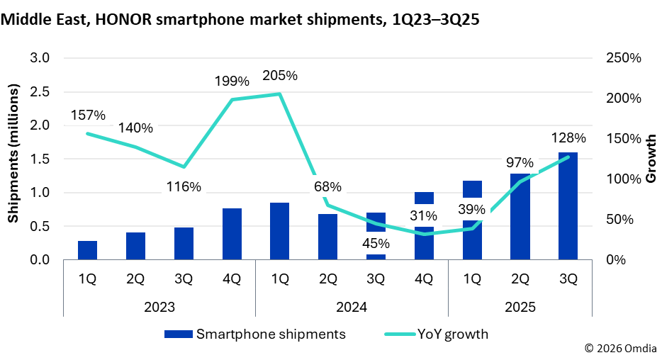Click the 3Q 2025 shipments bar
[568, 206]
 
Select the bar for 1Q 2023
[87, 250]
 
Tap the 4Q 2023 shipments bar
[232, 234]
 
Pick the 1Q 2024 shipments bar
[279, 231]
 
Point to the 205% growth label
[279, 76]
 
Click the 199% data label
[232, 82]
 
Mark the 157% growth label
[88, 115]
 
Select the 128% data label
[568, 137]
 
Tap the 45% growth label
[376, 242]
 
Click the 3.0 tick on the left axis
[40, 58]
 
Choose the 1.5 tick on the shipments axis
[40, 159]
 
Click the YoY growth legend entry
[436, 334]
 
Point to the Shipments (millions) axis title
[13, 152]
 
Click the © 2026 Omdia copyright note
[620, 349]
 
